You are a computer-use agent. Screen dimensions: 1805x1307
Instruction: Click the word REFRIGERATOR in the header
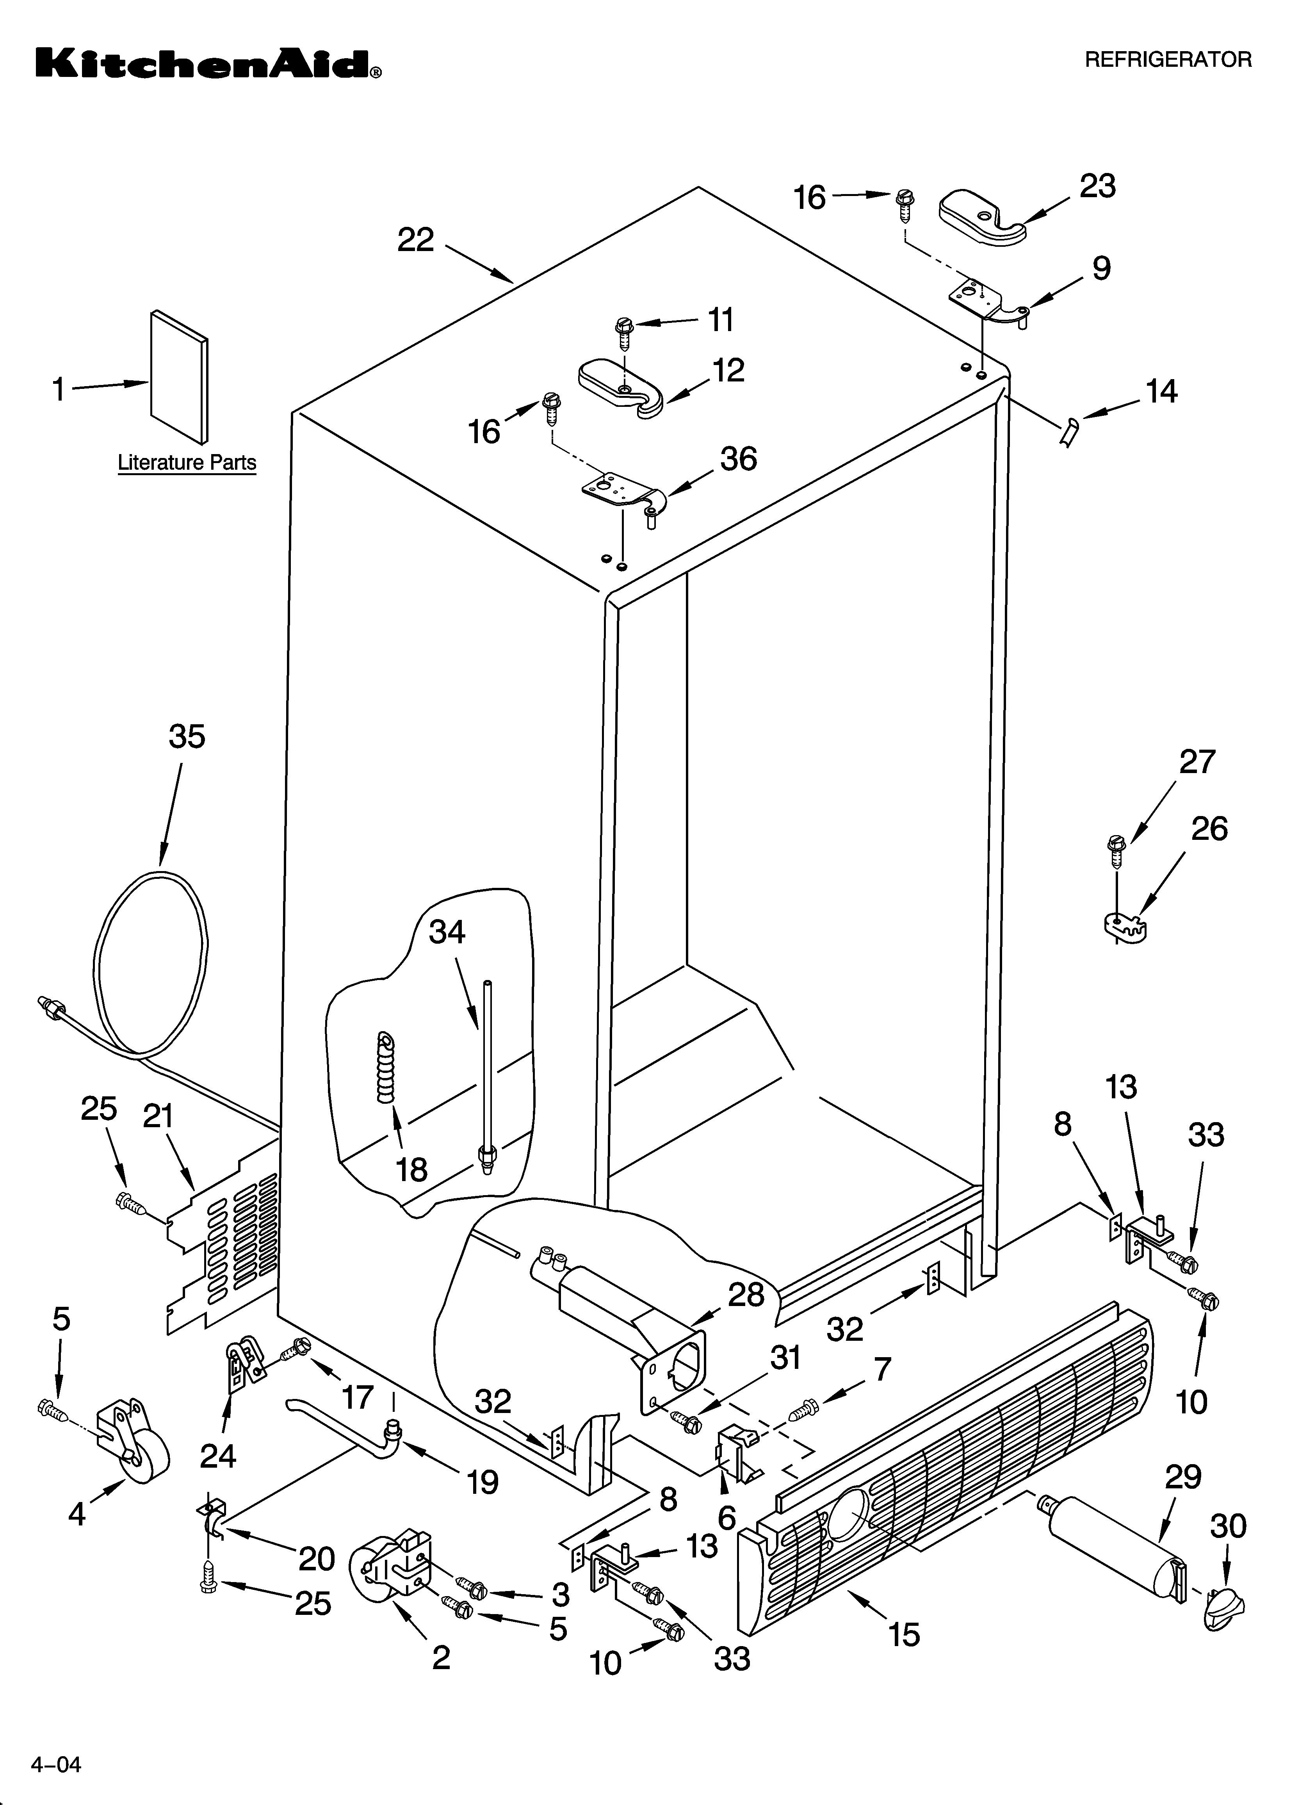(1168, 60)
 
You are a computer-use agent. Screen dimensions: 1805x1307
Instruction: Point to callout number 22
(415, 240)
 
